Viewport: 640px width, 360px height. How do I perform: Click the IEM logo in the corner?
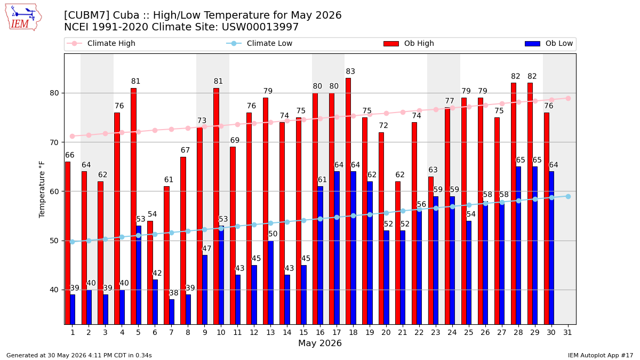23,18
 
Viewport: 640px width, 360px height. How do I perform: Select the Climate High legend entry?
101,43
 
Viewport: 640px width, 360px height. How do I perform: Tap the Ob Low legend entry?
549,43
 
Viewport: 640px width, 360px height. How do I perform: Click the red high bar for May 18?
348,201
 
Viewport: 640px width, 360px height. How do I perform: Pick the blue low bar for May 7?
172,311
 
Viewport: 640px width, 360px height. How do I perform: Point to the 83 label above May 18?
350,71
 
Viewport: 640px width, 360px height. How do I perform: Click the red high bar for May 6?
150,273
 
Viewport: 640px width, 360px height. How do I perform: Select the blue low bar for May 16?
321,255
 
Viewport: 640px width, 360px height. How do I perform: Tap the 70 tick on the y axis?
54,142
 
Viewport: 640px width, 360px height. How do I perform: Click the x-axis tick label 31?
567,332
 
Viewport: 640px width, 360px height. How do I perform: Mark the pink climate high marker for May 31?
568,98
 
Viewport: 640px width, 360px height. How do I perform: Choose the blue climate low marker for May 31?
568,197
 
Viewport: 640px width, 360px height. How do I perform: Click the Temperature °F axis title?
42,189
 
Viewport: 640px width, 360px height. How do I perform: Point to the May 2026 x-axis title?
320,343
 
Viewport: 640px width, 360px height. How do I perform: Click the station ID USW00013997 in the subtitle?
260,27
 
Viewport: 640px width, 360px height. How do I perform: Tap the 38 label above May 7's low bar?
174,293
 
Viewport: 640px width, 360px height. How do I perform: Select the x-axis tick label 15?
303,332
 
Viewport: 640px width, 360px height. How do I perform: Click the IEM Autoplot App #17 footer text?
601,355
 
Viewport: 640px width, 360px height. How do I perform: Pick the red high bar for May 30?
547,219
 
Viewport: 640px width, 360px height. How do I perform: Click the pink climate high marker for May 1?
73,137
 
